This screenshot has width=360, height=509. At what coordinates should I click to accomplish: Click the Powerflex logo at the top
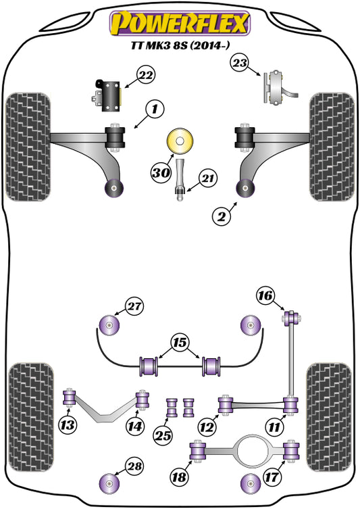(180, 24)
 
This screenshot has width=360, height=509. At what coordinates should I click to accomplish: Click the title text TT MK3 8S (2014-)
(180, 48)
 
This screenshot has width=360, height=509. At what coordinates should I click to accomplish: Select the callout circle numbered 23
(240, 64)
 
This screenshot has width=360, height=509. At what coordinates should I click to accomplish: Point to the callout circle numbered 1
(154, 107)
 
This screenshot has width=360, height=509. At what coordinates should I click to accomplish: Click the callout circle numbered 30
(160, 174)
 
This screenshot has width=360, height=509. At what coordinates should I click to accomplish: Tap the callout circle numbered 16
(265, 295)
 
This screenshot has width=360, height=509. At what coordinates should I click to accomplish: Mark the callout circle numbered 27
(134, 306)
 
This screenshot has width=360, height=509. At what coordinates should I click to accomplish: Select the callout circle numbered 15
(178, 343)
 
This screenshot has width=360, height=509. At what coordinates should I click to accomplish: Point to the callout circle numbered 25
(161, 436)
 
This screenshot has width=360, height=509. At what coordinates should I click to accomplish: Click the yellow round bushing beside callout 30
(180, 143)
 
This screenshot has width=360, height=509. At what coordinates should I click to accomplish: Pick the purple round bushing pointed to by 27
(109, 325)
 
